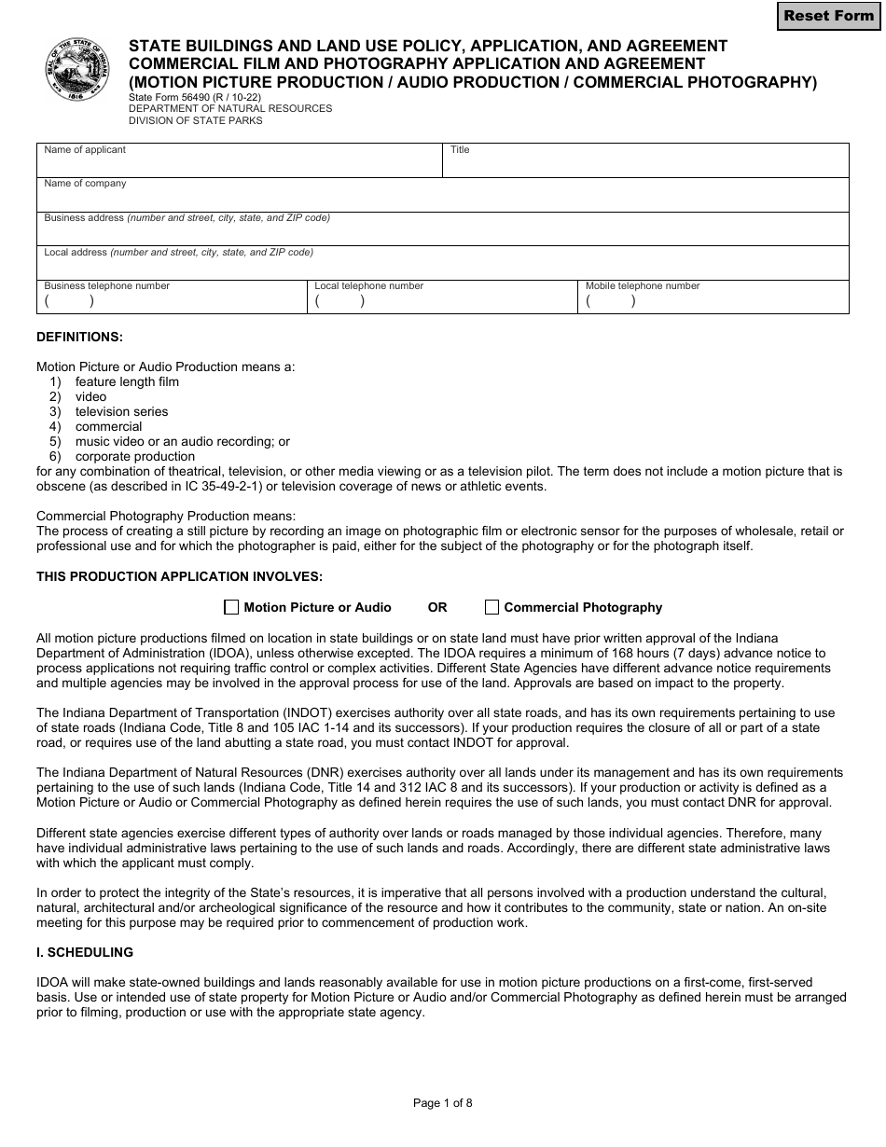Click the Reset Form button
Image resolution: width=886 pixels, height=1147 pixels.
click(x=829, y=16)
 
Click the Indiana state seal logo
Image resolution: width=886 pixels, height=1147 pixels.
click(x=77, y=70)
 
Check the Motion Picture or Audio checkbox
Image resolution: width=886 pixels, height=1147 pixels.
click(x=231, y=608)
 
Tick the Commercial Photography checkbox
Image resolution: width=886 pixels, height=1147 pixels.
click(x=491, y=608)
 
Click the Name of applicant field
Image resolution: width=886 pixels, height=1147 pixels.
click(x=239, y=165)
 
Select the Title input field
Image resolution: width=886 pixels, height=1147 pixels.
click(x=645, y=165)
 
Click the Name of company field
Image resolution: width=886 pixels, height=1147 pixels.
click(x=442, y=200)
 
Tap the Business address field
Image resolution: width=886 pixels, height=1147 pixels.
click(x=442, y=233)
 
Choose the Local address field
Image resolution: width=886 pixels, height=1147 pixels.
click(x=442, y=267)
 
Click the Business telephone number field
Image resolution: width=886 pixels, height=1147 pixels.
click(x=173, y=301)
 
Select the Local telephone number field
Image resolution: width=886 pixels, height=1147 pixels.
click(x=443, y=301)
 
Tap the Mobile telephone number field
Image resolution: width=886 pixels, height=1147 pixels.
click(x=713, y=301)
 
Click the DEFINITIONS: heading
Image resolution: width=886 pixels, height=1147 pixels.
click(x=79, y=337)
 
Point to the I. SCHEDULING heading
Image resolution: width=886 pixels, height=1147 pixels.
click(x=85, y=953)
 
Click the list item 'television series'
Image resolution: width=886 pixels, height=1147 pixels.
click(x=121, y=411)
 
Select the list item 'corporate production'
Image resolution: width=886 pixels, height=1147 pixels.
click(x=134, y=456)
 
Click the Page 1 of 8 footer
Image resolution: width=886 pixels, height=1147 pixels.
click(x=443, y=1103)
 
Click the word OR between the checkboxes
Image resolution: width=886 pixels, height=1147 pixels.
click(x=437, y=608)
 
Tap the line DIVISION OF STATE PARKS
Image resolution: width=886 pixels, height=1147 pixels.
click(x=196, y=120)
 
